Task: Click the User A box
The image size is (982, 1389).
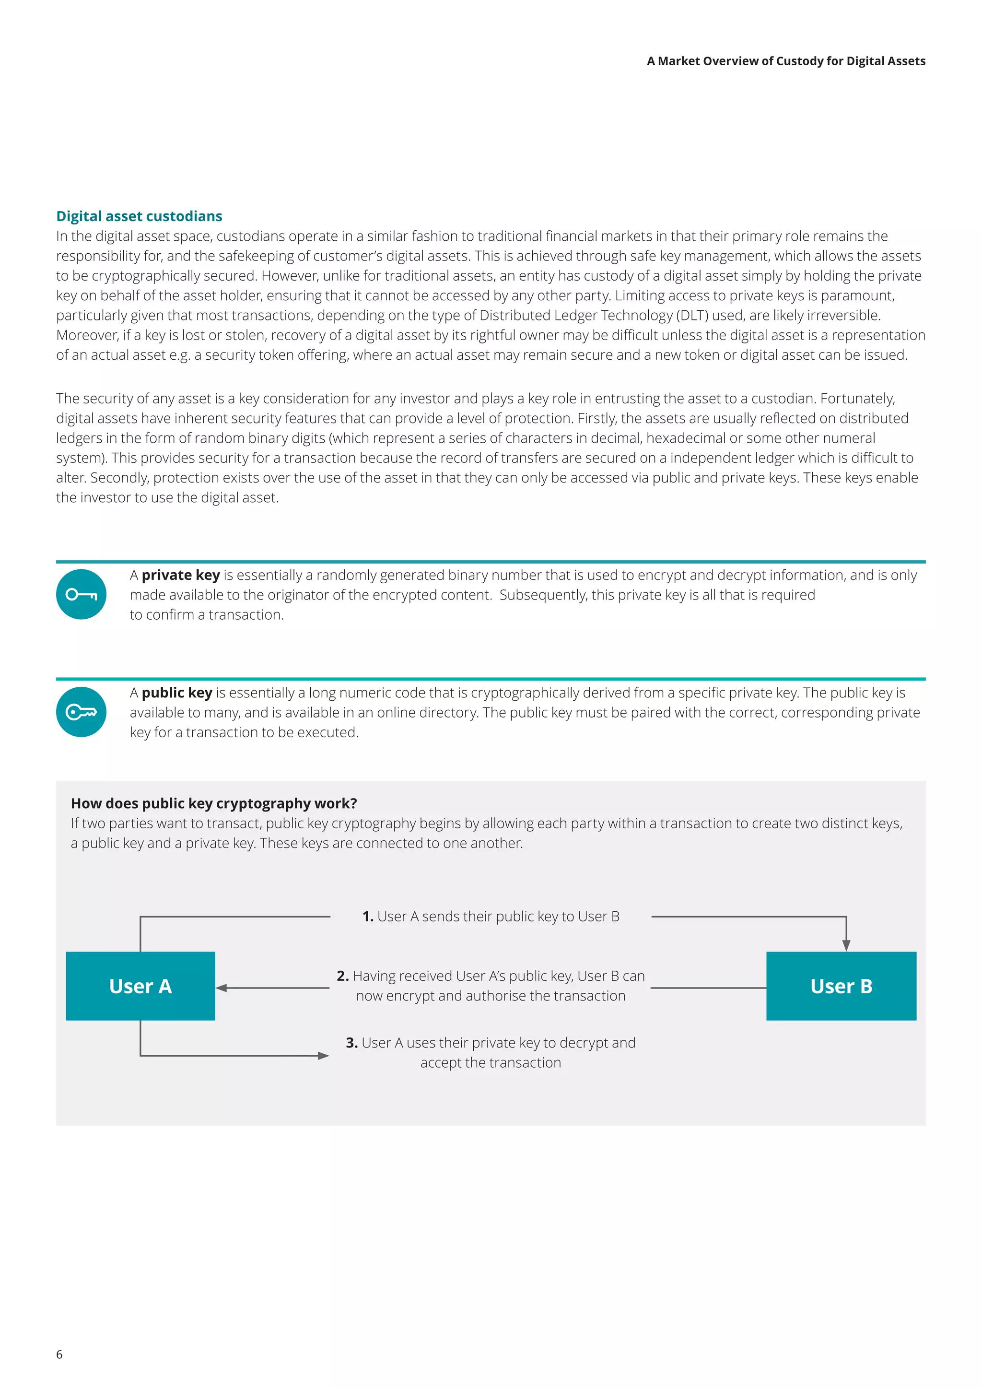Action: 140,986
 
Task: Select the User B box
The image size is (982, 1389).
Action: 841,986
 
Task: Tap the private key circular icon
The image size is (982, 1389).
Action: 81,594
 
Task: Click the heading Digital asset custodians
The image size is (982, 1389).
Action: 139,216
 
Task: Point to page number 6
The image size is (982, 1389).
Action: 59,1354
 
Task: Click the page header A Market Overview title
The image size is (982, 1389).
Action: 785,61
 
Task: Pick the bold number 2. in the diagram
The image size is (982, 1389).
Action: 342,976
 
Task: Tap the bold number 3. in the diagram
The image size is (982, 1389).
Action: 351,1042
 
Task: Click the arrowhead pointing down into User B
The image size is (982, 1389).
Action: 846,945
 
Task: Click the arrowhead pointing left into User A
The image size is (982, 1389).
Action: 222,988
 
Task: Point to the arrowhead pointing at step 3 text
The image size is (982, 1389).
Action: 324,1056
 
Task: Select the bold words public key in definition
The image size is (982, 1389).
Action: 176,692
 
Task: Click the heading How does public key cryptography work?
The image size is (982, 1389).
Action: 213,803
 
